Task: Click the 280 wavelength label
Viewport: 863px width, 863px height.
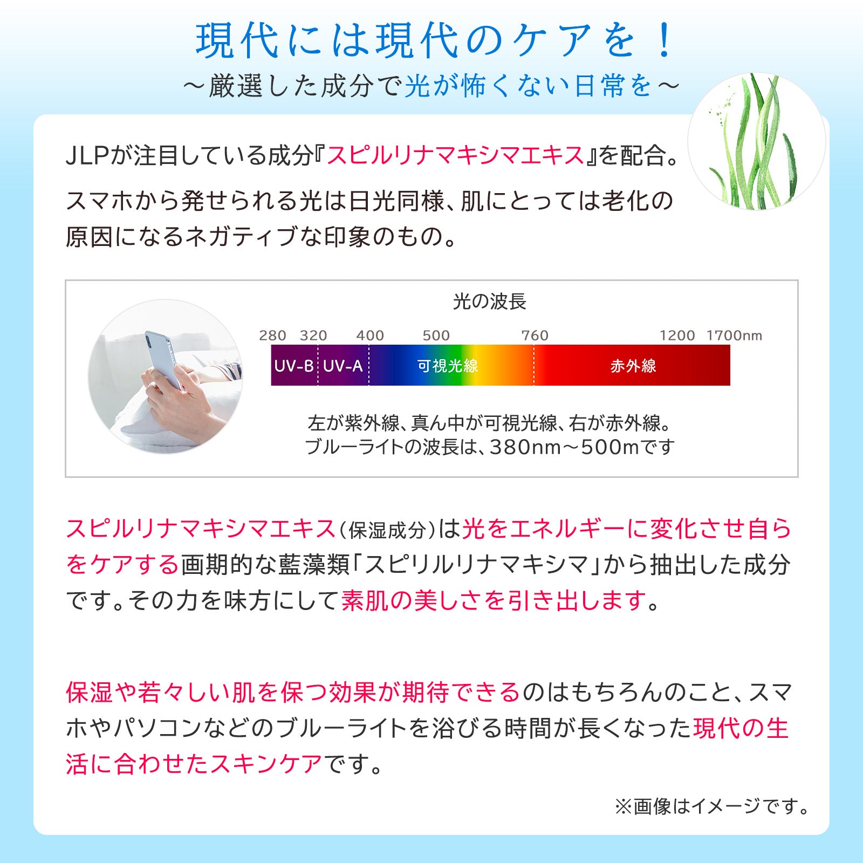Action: click(x=272, y=335)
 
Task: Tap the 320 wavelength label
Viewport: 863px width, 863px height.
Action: click(x=313, y=335)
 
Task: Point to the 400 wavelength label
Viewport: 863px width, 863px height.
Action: click(x=370, y=335)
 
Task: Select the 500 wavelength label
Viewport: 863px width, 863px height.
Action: click(x=436, y=335)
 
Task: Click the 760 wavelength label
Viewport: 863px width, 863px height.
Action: click(x=535, y=335)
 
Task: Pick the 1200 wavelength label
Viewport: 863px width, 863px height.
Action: click(x=677, y=335)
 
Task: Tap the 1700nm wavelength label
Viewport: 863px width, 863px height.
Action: click(x=734, y=335)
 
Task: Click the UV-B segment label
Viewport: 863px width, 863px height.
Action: click(x=294, y=366)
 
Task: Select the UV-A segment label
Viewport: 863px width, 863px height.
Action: click(x=343, y=366)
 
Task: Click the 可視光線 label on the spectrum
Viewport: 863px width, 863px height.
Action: click(x=448, y=366)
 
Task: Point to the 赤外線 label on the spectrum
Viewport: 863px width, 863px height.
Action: click(x=633, y=366)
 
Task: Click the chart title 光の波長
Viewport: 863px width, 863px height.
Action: click(x=489, y=302)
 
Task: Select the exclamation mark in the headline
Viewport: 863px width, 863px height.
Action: click(x=666, y=41)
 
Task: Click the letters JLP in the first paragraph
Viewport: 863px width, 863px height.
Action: click(x=87, y=156)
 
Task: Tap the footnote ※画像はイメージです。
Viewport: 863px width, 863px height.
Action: click(x=711, y=807)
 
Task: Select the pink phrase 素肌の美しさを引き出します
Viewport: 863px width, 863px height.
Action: click(x=494, y=600)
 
